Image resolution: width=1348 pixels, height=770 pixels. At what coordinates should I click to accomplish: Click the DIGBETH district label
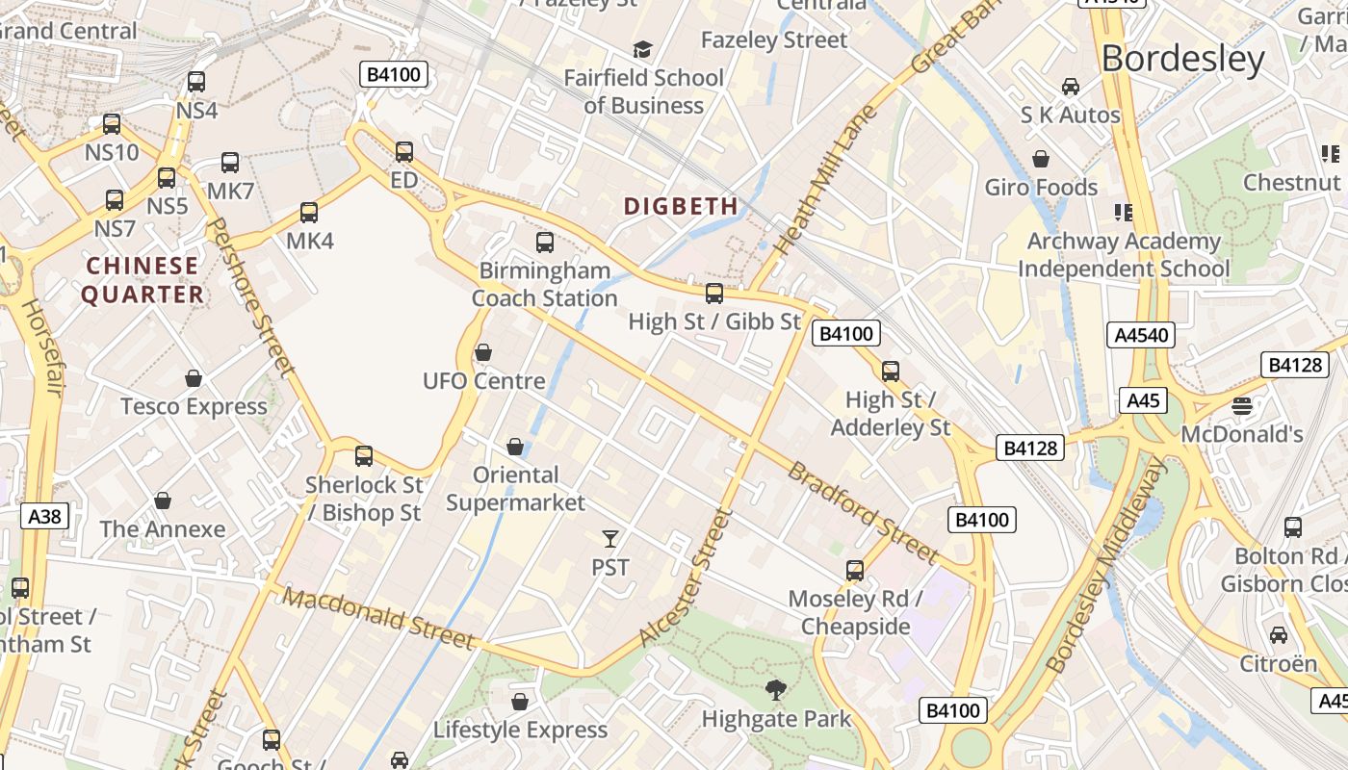681,206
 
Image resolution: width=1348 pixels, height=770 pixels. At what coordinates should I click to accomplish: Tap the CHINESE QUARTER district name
143,280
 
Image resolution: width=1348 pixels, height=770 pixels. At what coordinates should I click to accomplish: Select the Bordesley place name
1182,59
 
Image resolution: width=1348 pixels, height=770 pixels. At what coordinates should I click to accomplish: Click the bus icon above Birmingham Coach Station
545,243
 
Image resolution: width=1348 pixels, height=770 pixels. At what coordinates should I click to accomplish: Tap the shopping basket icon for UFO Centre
483,353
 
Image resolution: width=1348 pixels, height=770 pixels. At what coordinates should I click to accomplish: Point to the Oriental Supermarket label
515,489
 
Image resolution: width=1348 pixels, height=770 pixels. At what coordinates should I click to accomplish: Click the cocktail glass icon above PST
610,539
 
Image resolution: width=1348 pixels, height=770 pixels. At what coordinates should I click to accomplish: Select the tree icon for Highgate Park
775,690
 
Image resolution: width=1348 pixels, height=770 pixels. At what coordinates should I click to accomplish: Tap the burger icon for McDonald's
1242,405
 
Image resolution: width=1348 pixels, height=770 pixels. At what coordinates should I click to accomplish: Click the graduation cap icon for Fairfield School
642,49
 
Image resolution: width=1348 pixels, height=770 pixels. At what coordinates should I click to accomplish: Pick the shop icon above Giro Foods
1041,159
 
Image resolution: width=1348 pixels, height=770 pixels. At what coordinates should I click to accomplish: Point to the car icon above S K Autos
1071,87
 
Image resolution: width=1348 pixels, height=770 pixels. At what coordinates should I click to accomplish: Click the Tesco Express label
194,406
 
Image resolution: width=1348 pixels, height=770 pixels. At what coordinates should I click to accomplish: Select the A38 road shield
44,517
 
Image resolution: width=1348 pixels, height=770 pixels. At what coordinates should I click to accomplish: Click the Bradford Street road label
863,512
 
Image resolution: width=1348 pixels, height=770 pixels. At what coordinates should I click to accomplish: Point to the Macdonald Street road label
379,619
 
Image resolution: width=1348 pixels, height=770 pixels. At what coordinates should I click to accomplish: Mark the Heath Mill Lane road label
826,180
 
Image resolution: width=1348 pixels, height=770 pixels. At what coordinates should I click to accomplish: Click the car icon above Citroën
1278,635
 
